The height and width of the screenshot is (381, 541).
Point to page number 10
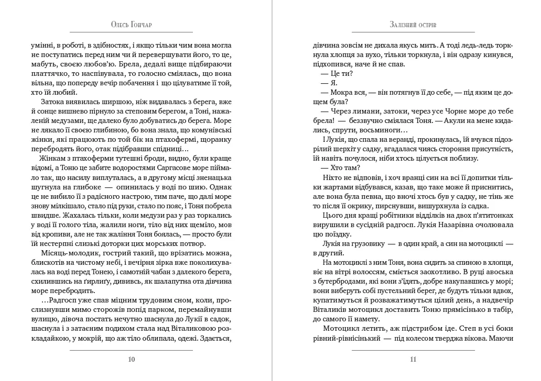131,359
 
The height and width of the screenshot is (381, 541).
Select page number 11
413,359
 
